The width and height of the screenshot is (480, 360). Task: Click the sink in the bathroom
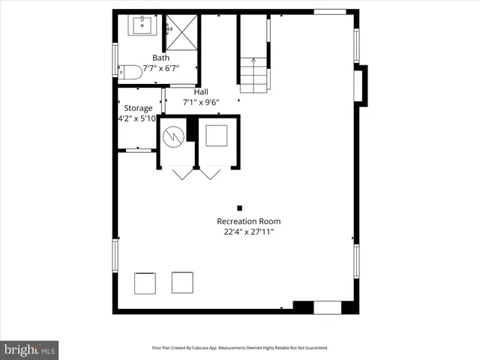click(x=142, y=26)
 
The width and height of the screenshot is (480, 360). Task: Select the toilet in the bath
click(x=130, y=72)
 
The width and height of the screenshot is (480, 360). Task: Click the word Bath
click(x=160, y=58)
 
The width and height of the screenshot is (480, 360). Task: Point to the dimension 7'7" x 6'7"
click(x=160, y=68)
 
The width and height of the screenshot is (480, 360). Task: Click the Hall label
click(x=201, y=91)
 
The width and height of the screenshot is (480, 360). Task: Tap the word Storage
click(x=138, y=108)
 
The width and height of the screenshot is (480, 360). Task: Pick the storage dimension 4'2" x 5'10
click(x=137, y=118)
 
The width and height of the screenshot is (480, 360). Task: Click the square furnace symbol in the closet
click(x=217, y=136)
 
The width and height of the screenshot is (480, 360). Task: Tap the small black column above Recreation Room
click(x=239, y=208)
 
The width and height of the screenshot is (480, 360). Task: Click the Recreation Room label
click(x=248, y=221)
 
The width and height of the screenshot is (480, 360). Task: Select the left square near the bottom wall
click(x=145, y=283)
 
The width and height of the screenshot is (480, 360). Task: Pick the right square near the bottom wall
click(x=182, y=282)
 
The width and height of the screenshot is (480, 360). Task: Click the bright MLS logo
click(x=29, y=349)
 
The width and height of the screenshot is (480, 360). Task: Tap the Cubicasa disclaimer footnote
click(x=240, y=348)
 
